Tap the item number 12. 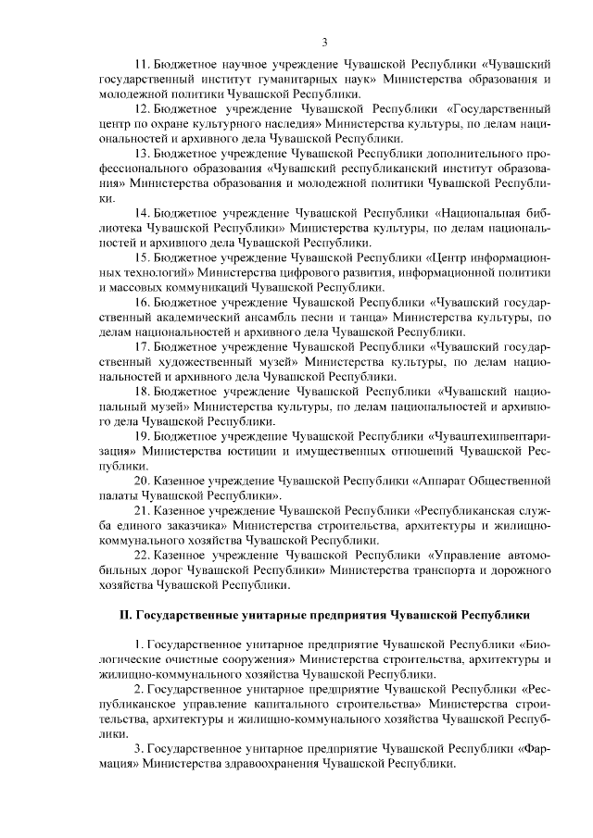click(143, 107)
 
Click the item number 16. click(143, 302)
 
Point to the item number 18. click(143, 392)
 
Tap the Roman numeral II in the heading click(128, 615)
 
